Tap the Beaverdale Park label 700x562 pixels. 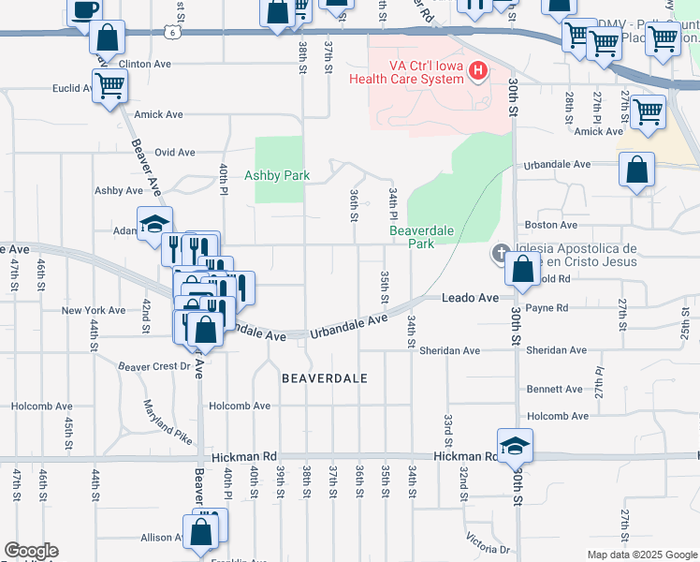click(412, 237)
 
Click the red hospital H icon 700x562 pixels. click(478, 70)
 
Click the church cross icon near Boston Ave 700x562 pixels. click(502, 253)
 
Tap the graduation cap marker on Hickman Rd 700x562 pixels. click(514, 446)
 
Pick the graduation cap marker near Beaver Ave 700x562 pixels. click(154, 223)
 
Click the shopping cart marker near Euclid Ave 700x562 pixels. click(109, 86)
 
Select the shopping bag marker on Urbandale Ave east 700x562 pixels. click(636, 170)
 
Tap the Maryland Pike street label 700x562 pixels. click(168, 422)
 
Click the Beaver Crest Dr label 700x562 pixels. click(153, 366)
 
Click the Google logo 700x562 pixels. click(31, 551)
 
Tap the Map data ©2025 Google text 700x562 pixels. click(641, 555)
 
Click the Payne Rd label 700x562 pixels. click(547, 307)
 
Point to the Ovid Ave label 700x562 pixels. click(174, 152)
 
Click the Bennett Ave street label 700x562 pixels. click(554, 389)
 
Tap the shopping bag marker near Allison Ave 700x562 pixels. click(201, 531)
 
